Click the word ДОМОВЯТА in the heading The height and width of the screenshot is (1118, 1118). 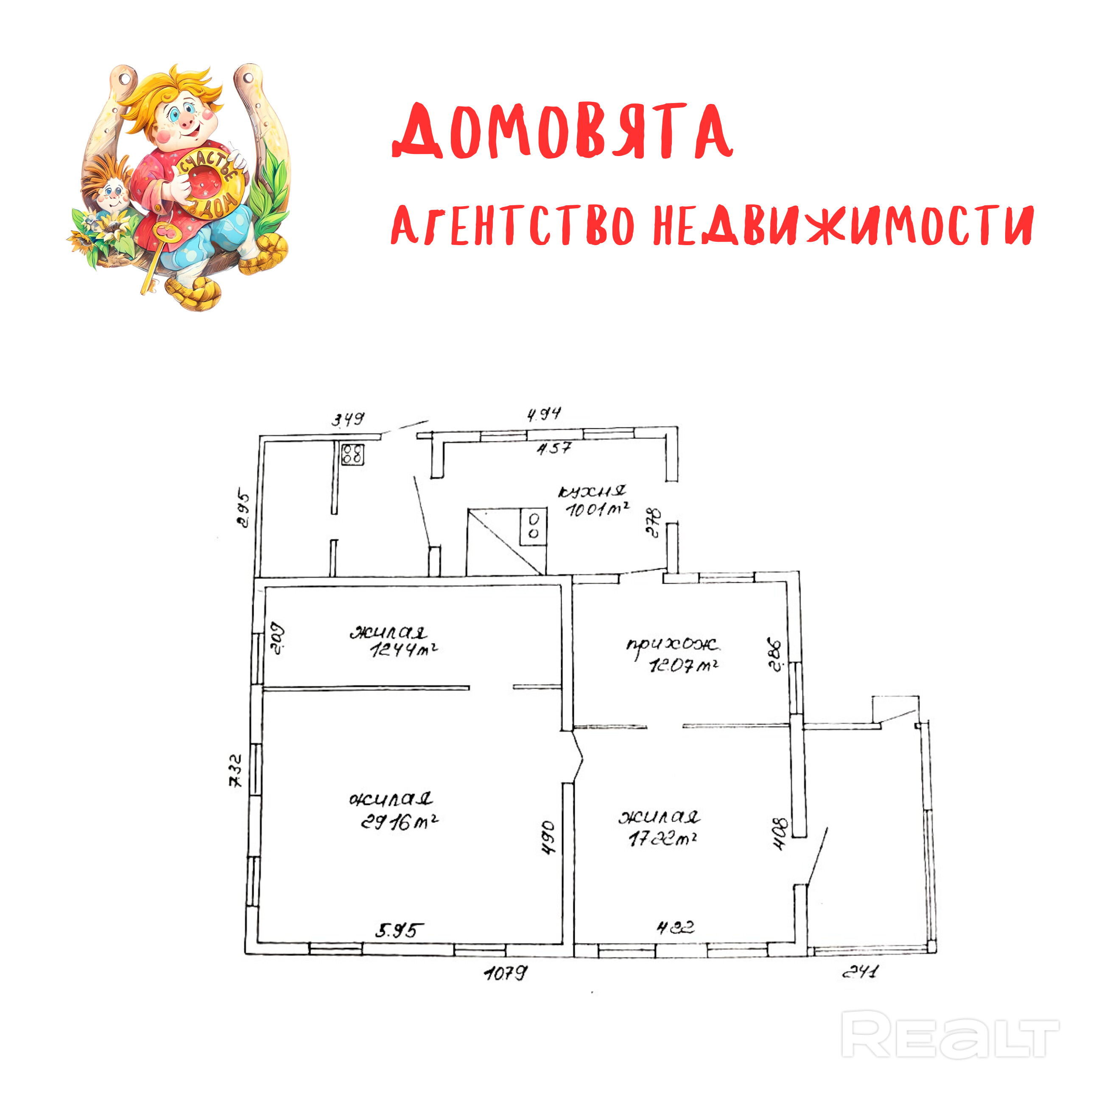[562, 132]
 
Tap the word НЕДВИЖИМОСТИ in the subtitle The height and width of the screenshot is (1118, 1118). [843, 226]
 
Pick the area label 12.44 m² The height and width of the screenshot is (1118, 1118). [403, 650]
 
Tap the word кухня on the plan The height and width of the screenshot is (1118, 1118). [591, 492]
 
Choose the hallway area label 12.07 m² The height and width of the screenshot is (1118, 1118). [683, 666]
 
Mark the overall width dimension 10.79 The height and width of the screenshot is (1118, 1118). [506, 973]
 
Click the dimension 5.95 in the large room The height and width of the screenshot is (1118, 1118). [399, 931]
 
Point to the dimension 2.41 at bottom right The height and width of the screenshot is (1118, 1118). [860, 972]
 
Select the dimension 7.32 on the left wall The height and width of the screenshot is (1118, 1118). [236, 770]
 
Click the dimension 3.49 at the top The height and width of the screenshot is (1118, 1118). [348, 419]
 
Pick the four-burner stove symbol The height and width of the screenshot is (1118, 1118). [352, 454]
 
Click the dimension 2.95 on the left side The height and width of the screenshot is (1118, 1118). [244, 510]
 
